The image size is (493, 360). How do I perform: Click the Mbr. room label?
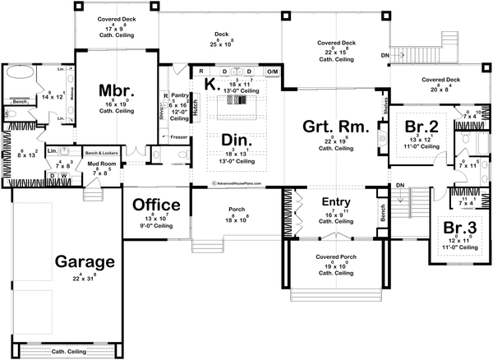111,89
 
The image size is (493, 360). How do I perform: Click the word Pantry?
181,96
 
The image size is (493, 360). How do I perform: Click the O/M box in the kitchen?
274,72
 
